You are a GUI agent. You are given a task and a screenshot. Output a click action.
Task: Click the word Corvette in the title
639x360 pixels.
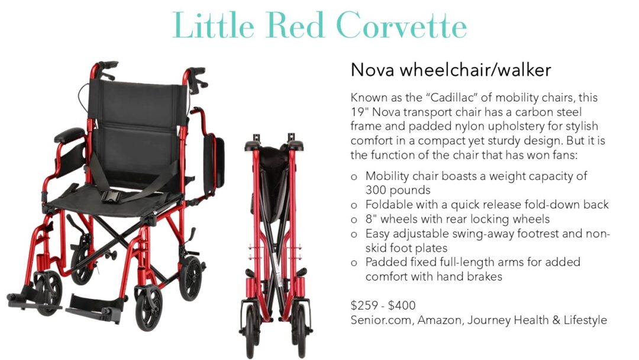click(402, 25)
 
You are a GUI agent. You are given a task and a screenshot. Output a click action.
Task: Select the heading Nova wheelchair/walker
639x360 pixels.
click(451, 70)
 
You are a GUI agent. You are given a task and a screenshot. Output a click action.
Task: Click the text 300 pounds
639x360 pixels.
click(398, 191)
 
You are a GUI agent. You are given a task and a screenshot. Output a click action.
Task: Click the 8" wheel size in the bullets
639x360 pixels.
click(371, 219)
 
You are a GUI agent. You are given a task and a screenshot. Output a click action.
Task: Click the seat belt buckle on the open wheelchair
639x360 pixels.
click(111, 197)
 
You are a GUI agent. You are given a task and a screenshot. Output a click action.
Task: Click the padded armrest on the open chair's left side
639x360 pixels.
click(69, 135)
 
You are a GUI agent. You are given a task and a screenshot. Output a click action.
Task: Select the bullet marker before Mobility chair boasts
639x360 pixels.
click(354, 177)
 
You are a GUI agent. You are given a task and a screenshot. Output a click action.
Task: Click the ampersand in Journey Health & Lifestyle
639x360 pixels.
click(556, 320)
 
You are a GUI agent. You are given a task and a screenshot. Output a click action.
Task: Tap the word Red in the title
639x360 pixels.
click(295, 25)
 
